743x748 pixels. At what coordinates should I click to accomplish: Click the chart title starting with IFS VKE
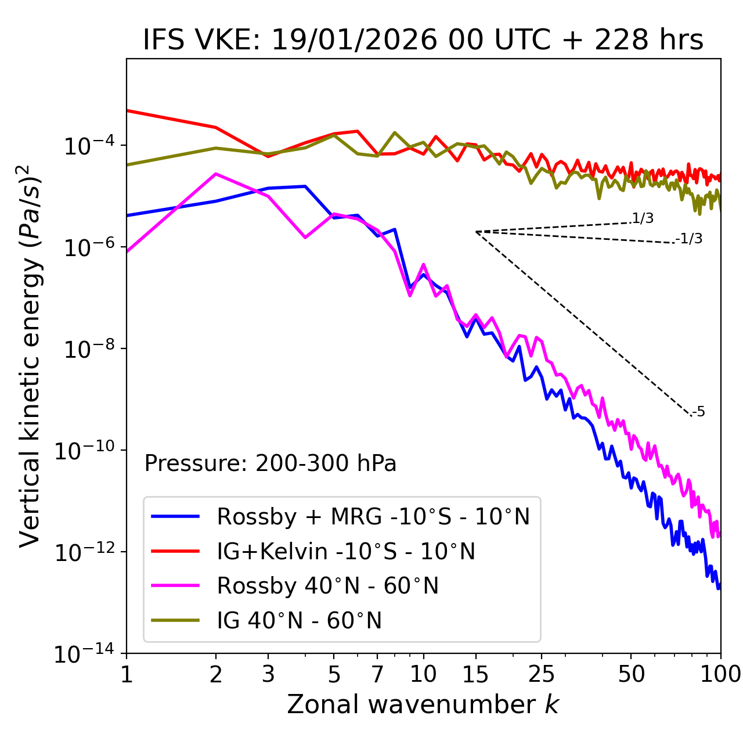(x=423, y=40)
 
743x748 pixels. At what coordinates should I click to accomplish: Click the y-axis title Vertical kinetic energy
(x=31, y=355)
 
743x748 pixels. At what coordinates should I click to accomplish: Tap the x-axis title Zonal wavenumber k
(x=423, y=704)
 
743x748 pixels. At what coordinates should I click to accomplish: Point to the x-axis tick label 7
(x=377, y=674)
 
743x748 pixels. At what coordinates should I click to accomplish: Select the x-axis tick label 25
(x=542, y=674)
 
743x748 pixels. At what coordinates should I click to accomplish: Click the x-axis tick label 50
(x=631, y=674)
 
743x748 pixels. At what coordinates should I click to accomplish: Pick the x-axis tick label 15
(x=475, y=674)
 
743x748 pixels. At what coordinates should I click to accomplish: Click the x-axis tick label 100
(x=720, y=674)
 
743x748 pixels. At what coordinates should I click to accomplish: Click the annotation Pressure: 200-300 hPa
(x=270, y=463)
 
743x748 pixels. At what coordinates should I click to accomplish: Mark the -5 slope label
(x=699, y=412)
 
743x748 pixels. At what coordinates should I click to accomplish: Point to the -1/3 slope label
(x=690, y=239)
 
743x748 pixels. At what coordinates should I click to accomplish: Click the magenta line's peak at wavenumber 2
(x=216, y=174)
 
